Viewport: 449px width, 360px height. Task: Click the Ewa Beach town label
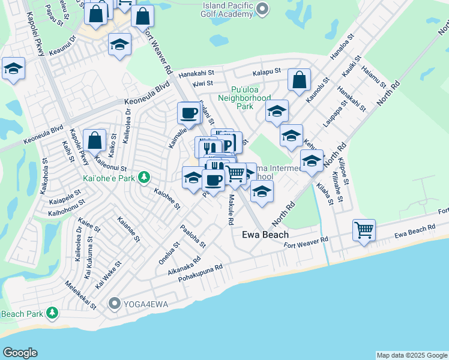(265, 235)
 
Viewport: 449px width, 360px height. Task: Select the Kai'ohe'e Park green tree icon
(143, 177)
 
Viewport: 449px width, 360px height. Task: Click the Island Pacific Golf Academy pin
(262, 8)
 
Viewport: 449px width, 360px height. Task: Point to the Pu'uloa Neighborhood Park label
(244, 97)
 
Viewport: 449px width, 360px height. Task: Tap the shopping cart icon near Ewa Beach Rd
(364, 229)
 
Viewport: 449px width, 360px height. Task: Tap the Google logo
(20, 353)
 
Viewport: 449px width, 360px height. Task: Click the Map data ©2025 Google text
(411, 355)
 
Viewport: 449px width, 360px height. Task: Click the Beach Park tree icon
(53, 313)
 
